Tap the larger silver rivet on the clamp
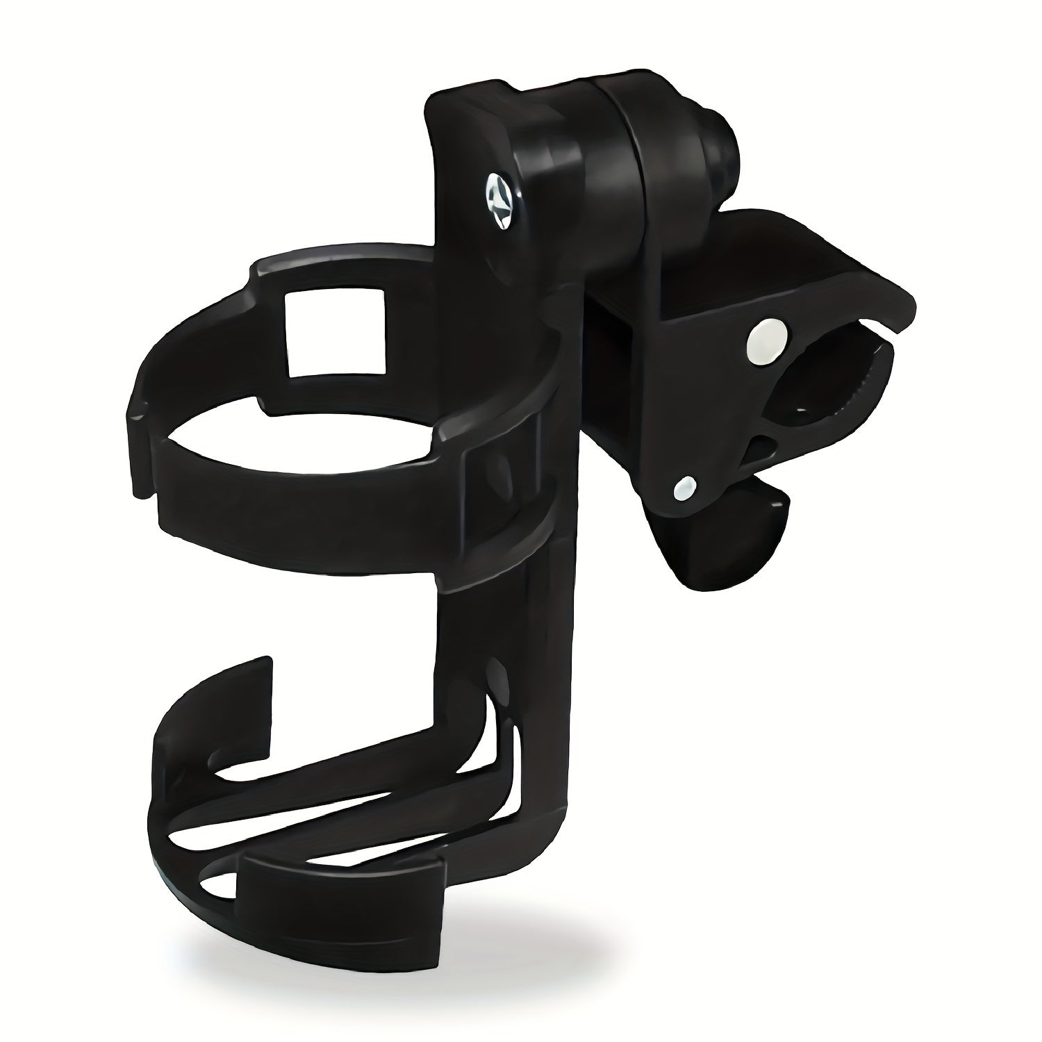coord(767,342)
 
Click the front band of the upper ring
coord(292,500)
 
